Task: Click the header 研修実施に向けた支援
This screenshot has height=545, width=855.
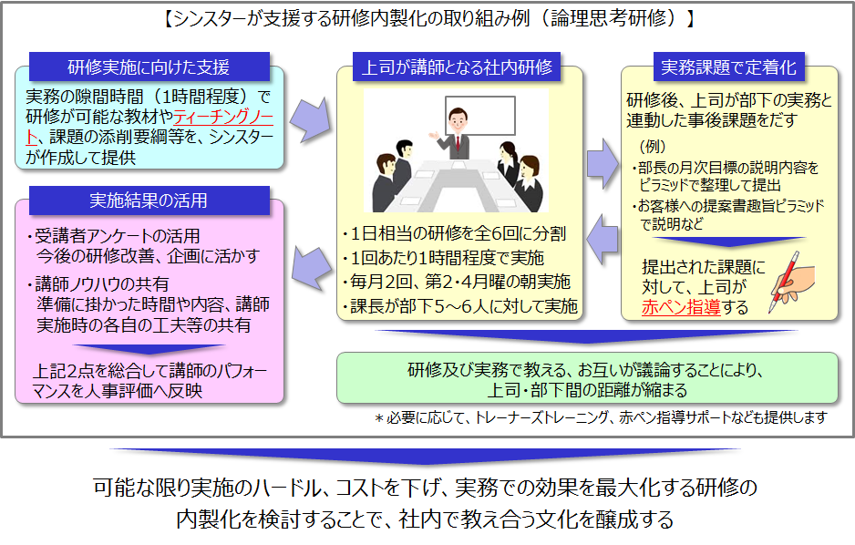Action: tap(149, 67)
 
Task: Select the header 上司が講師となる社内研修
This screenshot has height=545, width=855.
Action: tap(457, 67)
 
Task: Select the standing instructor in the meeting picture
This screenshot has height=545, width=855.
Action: tap(455, 137)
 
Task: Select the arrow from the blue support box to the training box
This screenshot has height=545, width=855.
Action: tap(311, 118)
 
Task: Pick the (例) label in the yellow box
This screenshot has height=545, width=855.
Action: tap(653, 146)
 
